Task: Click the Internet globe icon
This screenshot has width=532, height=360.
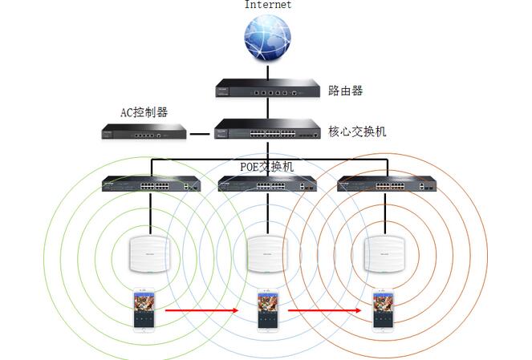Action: pyautogui.click(x=267, y=42)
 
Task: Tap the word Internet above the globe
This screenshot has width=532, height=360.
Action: pyautogui.click(x=268, y=5)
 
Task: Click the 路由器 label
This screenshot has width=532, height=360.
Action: pyautogui.click(x=346, y=91)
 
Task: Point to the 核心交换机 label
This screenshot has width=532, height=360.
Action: pyautogui.click(x=357, y=131)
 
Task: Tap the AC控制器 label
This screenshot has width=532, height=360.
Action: pyautogui.click(x=144, y=112)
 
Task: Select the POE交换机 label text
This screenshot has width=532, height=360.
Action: pyautogui.click(x=267, y=167)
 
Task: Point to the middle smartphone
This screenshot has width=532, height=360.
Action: pyautogui.click(x=267, y=310)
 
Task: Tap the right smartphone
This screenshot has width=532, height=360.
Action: pyautogui.click(x=384, y=310)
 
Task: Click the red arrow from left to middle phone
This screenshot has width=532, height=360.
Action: pyautogui.click(x=203, y=309)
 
